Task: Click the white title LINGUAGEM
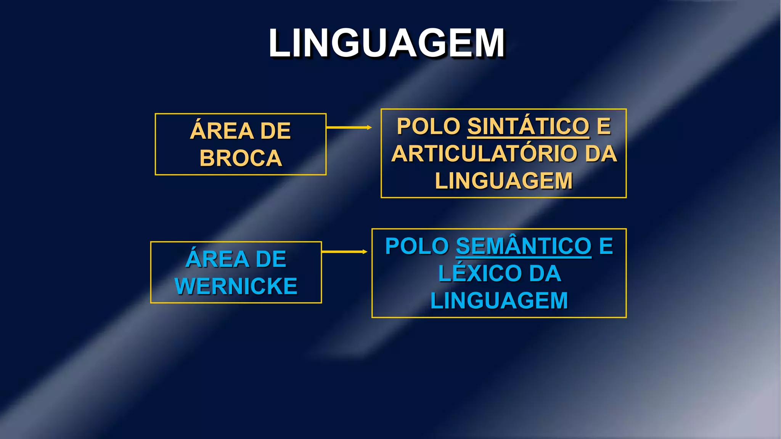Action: click(387, 43)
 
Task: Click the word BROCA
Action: click(241, 158)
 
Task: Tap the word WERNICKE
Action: click(236, 286)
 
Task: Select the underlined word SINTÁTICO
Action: click(529, 126)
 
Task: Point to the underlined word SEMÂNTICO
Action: click(524, 246)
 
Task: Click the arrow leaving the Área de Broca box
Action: click(349, 127)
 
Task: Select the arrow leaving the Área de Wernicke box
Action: click(344, 252)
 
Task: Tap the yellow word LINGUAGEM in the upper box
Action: click(504, 181)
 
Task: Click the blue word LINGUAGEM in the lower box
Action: click(499, 301)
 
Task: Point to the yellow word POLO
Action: click(429, 126)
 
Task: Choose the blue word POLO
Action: click(417, 246)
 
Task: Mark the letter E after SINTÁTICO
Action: click(604, 126)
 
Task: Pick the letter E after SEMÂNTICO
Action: click(606, 246)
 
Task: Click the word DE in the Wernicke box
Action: click(271, 259)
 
